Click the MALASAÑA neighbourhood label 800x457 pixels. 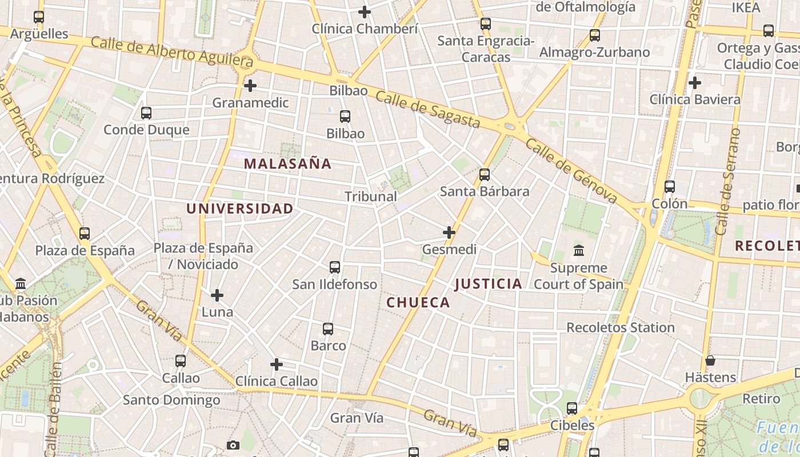click(x=287, y=164)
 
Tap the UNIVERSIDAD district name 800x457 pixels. click(x=239, y=209)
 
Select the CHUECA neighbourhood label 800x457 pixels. click(x=418, y=303)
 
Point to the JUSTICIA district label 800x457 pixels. click(x=489, y=284)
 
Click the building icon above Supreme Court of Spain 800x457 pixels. click(x=579, y=251)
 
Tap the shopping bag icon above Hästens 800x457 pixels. click(x=710, y=360)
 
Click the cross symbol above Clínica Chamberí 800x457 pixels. click(x=365, y=11)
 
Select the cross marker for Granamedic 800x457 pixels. click(x=250, y=86)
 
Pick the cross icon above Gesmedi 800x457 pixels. click(x=449, y=232)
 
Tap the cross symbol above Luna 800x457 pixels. click(x=217, y=295)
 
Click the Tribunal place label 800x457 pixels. click(x=370, y=197)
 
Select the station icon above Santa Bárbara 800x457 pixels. click(x=485, y=175)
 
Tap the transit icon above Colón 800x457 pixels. click(x=669, y=187)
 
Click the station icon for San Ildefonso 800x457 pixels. click(x=335, y=267)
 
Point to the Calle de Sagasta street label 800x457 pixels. click(x=428, y=109)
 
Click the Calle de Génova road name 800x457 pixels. click(x=571, y=170)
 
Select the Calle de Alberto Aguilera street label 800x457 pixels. click(x=171, y=51)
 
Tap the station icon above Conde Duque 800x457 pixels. click(x=146, y=113)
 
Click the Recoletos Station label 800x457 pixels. click(x=620, y=328)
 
